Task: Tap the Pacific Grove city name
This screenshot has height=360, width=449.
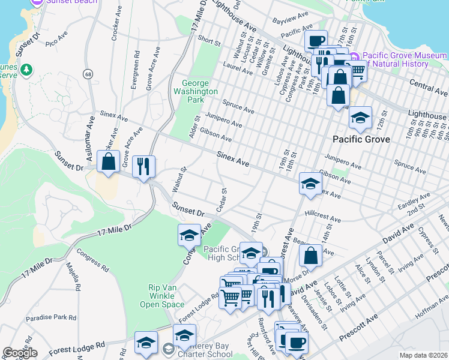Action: pos(361,139)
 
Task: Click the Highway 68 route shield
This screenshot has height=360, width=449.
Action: pos(88,74)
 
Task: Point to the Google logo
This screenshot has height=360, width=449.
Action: pos(20,353)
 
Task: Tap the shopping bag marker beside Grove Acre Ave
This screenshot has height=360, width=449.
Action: pos(109,163)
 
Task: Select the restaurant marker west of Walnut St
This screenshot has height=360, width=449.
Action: pos(143,166)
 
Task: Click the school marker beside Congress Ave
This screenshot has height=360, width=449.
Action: pos(189,235)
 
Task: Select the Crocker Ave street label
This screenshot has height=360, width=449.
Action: pos(113,25)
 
